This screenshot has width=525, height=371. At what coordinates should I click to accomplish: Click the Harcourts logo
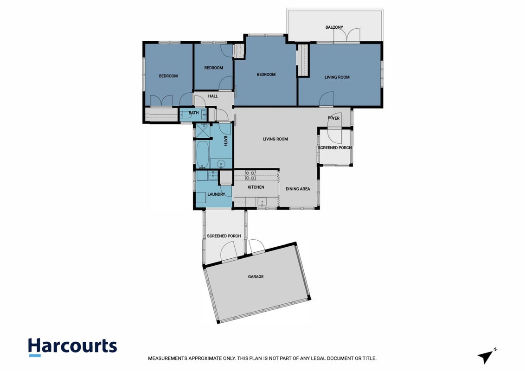pyautogui.click(x=73, y=347)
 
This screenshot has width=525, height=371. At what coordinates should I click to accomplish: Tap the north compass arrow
pyautogui.click(x=486, y=357)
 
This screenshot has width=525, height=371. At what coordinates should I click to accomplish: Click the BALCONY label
pyautogui.click(x=334, y=27)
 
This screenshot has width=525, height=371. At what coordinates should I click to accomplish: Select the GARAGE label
pyautogui.click(x=256, y=276)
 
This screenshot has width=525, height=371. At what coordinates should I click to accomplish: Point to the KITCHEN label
pyautogui.click(x=256, y=187)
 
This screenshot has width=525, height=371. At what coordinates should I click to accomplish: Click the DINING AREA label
pyautogui.click(x=298, y=189)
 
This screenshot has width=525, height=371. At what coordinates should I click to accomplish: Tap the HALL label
pyautogui.click(x=213, y=96)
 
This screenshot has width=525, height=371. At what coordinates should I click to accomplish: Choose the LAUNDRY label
pyautogui.click(x=216, y=194)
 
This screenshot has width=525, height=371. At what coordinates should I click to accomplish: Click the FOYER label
pyautogui.click(x=334, y=118)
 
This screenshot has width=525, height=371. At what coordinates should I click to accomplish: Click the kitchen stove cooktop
pyautogui.click(x=250, y=175)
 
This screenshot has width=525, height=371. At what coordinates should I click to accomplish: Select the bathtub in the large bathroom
pyautogui.click(x=202, y=154)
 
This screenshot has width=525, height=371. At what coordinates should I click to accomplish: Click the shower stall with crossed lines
pyautogui.click(x=203, y=130)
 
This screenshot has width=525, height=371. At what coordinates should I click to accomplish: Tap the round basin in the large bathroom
pyautogui.click(x=221, y=164)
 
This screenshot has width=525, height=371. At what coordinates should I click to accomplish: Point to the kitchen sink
pyautogui.click(x=261, y=202)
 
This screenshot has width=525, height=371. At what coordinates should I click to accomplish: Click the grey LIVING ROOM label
pyautogui.click(x=275, y=139)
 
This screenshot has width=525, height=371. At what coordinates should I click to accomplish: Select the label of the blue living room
pyautogui.click(x=337, y=77)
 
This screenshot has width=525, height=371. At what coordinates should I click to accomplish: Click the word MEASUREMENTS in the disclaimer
pyautogui.click(x=168, y=358)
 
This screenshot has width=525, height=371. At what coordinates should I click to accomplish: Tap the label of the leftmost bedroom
pyautogui.click(x=168, y=76)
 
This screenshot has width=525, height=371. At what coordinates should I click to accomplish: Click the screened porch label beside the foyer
pyautogui.click(x=335, y=147)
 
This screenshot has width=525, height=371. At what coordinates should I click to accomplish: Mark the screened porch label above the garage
pyautogui.click(x=224, y=236)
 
